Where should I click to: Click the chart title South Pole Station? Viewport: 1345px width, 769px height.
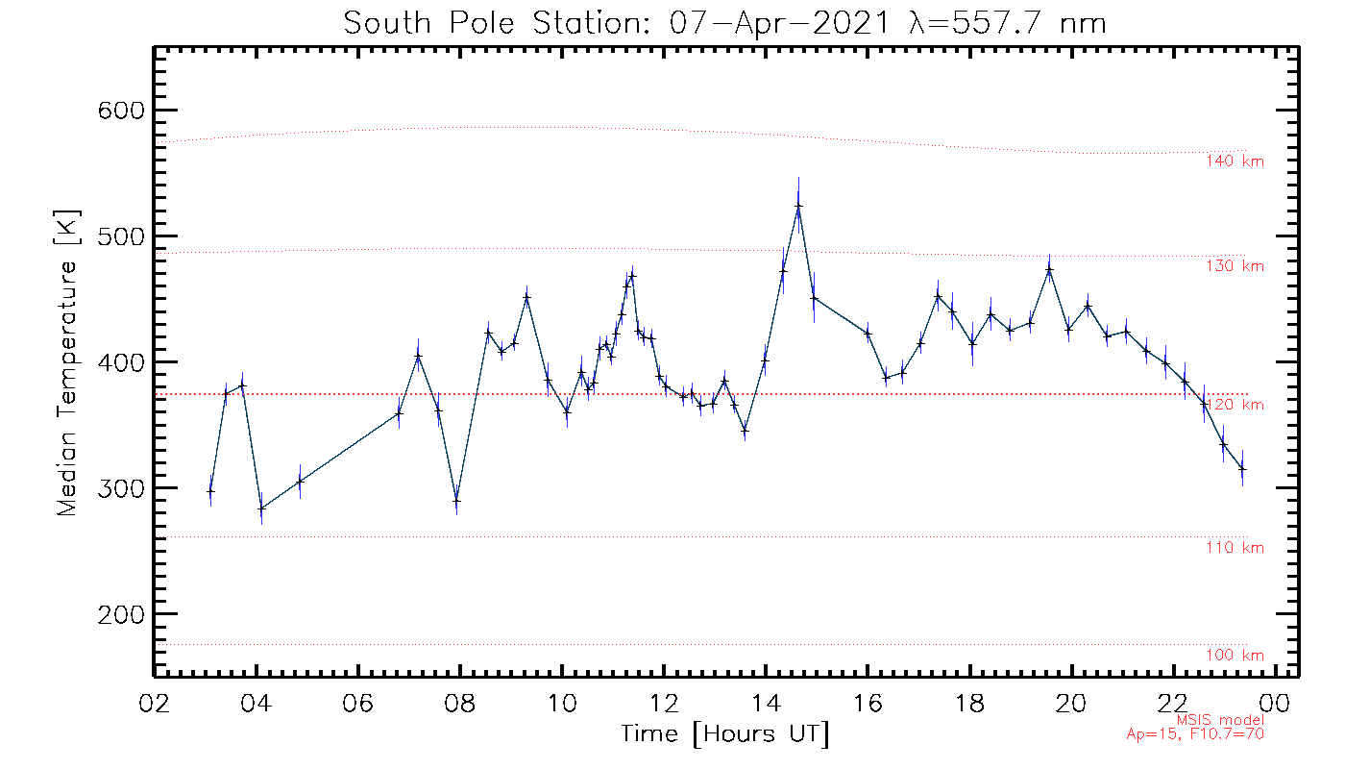coord(725,23)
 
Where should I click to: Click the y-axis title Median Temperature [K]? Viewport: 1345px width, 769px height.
coord(67,362)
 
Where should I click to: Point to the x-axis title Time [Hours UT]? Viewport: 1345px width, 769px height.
coord(724,734)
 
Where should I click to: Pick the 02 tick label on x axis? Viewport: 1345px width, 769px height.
coord(155,703)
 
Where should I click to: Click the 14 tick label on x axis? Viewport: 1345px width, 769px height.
coord(766,703)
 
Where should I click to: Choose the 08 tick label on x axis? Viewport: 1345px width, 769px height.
coord(460,703)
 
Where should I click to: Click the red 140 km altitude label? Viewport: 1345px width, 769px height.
coord(1235,161)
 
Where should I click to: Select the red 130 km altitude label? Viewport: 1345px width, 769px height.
coord(1235,266)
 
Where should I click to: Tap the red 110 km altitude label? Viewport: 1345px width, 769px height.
coord(1235,548)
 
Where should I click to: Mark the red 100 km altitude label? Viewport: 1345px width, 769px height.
coord(1235,656)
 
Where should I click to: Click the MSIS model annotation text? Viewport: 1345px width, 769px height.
coord(1220,719)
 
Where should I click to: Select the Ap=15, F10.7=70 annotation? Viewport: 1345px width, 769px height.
coord(1195,734)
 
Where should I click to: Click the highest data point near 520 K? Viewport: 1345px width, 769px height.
coord(798,206)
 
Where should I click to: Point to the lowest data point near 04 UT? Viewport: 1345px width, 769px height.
coord(261,508)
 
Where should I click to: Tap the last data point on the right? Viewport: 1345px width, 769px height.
coord(1242,468)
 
